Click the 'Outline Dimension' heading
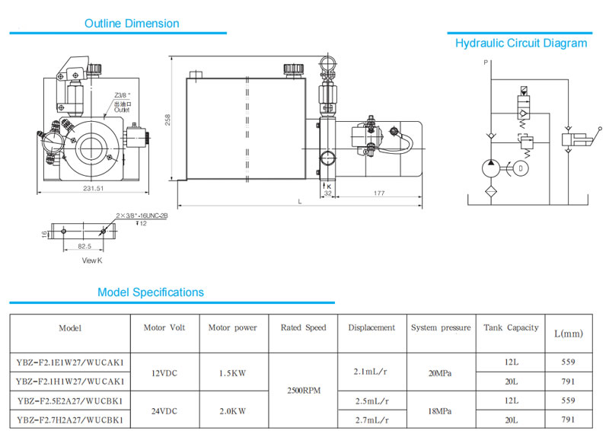click(132, 24)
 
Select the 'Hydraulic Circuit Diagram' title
click(521, 43)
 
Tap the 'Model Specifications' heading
click(151, 292)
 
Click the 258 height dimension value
click(166, 120)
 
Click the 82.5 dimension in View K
click(84, 246)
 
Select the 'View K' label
click(92, 260)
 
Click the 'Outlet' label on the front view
click(122, 110)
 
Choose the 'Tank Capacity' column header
click(511, 327)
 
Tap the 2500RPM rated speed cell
click(303, 390)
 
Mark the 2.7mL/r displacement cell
click(371, 420)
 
